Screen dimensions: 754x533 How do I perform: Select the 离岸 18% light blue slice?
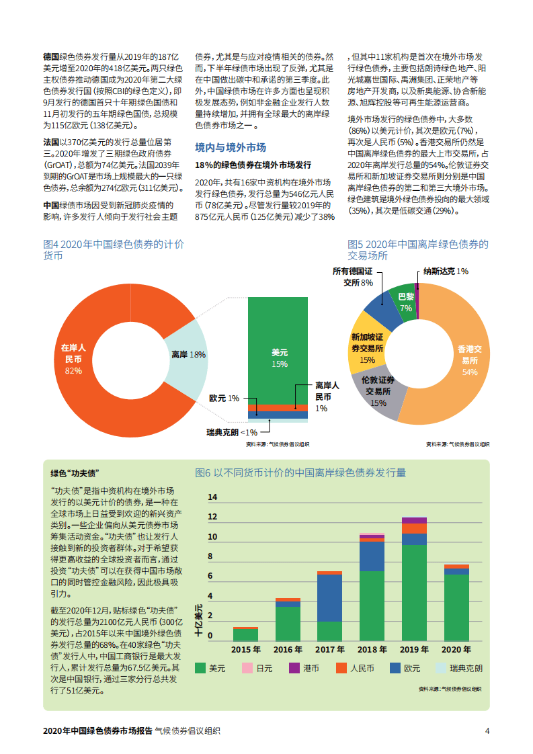tap(189, 355)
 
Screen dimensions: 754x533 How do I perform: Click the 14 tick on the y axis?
tap(213, 497)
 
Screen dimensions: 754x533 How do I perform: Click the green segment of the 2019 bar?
tap(414, 591)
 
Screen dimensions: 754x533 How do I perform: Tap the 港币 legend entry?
tap(304, 669)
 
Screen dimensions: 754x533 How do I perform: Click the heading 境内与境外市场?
tap(231, 147)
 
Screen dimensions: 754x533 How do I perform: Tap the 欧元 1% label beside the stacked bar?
tap(224, 399)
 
